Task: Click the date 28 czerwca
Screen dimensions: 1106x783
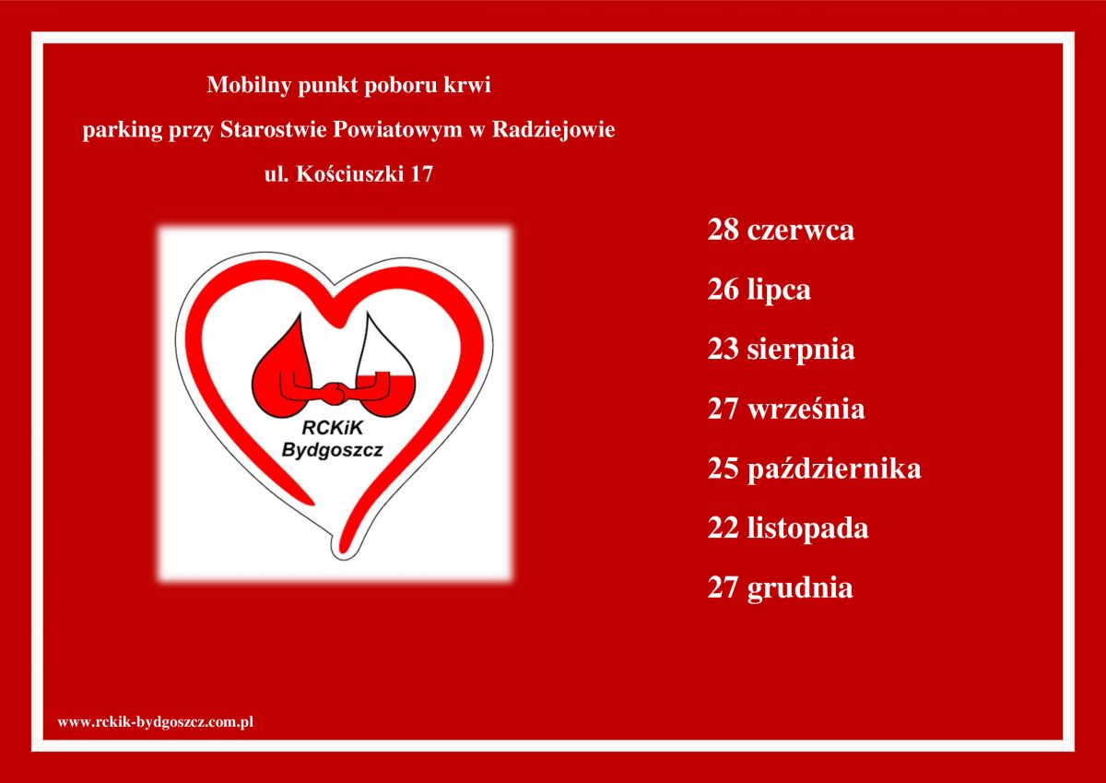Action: (781, 231)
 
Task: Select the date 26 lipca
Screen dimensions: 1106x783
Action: (759, 291)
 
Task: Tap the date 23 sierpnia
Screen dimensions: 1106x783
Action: (782, 350)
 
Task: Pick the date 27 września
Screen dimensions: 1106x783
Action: (786, 409)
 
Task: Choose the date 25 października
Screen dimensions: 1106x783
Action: (814, 469)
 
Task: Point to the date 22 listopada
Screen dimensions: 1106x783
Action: (788, 528)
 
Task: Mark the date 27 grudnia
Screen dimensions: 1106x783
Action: (780, 588)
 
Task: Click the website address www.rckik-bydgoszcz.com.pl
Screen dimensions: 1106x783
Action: (156, 722)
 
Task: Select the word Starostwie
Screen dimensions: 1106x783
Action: (274, 129)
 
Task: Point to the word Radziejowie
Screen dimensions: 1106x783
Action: (554, 130)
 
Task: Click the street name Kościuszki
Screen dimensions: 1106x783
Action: (350, 174)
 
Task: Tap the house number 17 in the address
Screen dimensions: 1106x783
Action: (422, 174)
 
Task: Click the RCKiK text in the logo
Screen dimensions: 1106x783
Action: (333, 428)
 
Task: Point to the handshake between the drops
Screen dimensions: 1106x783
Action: (335, 393)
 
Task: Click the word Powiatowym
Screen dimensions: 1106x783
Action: (398, 129)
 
